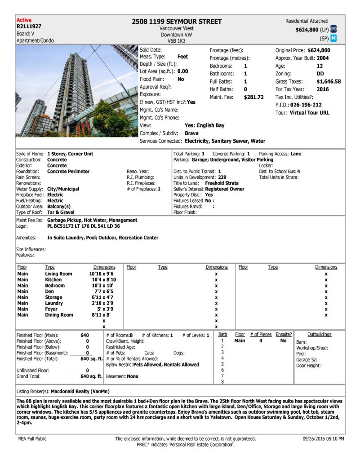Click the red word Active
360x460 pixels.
(24, 20)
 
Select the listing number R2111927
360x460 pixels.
(29, 27)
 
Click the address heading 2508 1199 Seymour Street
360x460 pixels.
(177, 22)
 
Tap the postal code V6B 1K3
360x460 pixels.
(177, 40)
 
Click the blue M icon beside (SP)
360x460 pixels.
(333, 38)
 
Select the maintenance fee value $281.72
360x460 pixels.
(253, 97)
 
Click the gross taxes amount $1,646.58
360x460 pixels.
(328, 82)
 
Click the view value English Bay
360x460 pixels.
(211, 125)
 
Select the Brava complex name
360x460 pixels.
(192, 133)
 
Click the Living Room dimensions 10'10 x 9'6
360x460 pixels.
(102, 274)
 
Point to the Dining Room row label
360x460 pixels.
(59, 315)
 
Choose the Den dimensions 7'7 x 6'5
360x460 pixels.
(106, 292)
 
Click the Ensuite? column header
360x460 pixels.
(284, 335)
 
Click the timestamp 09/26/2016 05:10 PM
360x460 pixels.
(323, 438)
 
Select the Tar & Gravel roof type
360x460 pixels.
(61, 212)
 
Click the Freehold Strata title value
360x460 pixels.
(222, 183)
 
